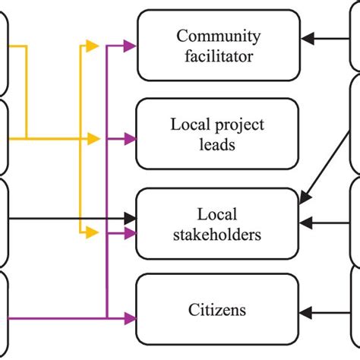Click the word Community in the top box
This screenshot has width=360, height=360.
point(218,36)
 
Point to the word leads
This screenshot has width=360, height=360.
point(218,144)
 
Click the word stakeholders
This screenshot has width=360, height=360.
point(218,234)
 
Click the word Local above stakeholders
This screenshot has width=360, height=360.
point(218,215)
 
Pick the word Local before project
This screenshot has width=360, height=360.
point(191,125)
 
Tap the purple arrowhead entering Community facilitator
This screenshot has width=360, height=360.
point(131,46)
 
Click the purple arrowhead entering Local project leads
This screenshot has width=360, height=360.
point(131,139)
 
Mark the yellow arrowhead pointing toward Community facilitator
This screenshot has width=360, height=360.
point(93,46)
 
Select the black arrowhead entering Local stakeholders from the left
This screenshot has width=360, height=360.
point(131,219)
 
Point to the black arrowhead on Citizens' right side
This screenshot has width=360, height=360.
point(305,310)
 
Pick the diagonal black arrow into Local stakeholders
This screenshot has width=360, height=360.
point(304,199)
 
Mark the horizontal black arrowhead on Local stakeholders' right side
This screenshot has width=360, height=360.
point(305,223)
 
